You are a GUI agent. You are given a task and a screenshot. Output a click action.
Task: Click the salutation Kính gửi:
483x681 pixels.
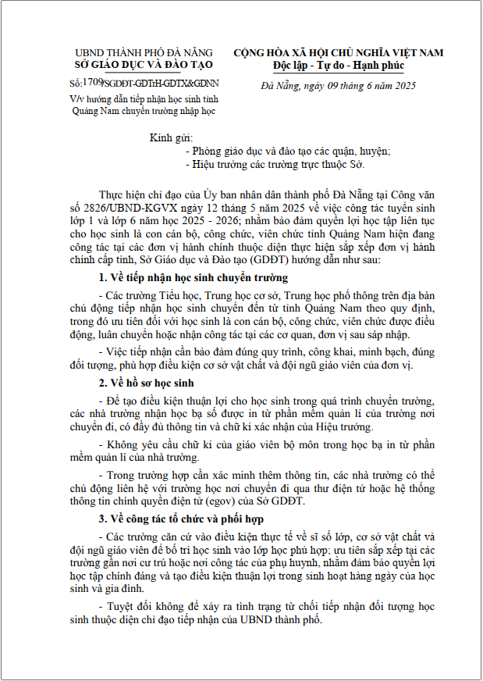point(170,138)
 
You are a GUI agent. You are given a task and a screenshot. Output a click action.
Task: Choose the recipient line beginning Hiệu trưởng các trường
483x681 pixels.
point(275,165)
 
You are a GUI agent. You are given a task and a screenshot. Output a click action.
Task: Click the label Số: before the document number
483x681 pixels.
point(75,83)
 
